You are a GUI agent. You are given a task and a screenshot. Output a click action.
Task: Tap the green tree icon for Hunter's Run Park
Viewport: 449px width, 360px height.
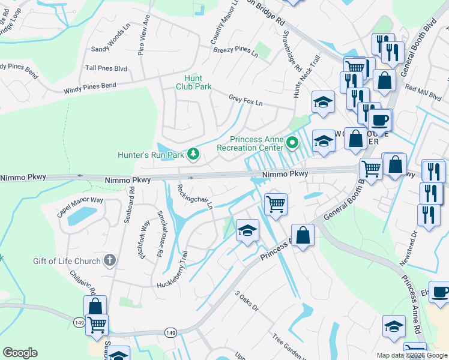click(x=193, y=155)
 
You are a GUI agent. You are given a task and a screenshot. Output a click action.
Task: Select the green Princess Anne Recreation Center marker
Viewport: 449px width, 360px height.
click(x=292, y=143)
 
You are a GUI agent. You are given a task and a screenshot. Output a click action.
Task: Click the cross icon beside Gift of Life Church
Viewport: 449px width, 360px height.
click(x=109, y=260)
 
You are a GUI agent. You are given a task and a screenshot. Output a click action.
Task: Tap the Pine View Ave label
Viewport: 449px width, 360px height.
click(x=145, y=40)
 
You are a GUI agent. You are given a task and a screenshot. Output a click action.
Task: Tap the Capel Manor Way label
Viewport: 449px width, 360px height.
click(x=80, y=208)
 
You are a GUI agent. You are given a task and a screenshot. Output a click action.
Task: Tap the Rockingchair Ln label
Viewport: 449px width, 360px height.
click(x=194, y=196)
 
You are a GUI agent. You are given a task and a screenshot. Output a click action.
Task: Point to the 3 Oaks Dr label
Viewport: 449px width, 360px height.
click(x=246, y=301)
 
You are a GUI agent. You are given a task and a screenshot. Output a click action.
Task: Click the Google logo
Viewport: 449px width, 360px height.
click(x=20, y=353)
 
